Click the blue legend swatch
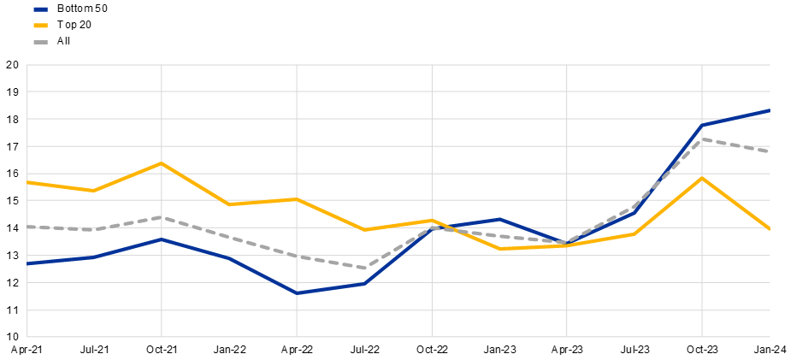pyautogui.click(x=40, y=9)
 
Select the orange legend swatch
pyautogui.click(x=40, y=26)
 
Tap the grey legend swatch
pyautogui.click(x=40, y=42)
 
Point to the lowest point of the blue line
pyautogui.click(x=297, y=293)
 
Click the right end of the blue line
pyautogui.click(x=770, y=110)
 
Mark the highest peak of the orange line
pyautogui.click(x=162, y=162)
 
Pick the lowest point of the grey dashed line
pyautogui.click(x=365, y=268)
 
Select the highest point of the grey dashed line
pyautogui.click(x=702, y=139)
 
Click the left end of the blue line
pyautogui.click(x=28, y=263)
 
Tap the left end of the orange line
pyautogui.click(x=28, y=182)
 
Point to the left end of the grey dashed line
pyautogui.click(x=28, y=227)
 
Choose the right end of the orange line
pyautogui.click(x=770, y=228)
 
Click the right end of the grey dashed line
pyautogui.click(x=770, y=150)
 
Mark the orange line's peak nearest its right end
pyautogui.click(x=702, y=177)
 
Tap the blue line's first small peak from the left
pyautogui.click(x=162, y=239)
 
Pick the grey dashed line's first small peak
pyautogui.click(x=162, y=217)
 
